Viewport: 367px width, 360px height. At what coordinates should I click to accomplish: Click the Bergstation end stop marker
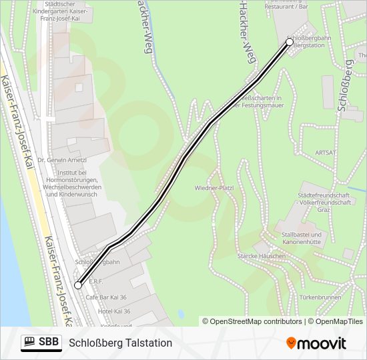[x=290, y=42]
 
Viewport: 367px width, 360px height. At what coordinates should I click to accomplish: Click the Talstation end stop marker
[x=78, y=285]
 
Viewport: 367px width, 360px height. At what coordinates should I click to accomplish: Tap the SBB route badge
[x=41, y=343]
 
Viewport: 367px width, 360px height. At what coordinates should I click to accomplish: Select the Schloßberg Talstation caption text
[x=120, y=343]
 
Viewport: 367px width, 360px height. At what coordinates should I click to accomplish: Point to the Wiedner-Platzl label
[x=214, y=189]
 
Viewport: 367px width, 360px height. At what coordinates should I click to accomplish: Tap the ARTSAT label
[x=326, y=153]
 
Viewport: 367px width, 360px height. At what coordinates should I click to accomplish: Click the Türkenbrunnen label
[x=320, y=297]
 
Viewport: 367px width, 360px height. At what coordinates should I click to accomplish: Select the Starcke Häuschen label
[x=261, y=256]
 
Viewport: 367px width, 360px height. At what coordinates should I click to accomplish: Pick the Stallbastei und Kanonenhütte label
[x=302, y=239]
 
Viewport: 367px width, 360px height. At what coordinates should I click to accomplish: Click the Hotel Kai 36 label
[x=113, y=311]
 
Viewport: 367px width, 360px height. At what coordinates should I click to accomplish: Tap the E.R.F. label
[x=96, y=281]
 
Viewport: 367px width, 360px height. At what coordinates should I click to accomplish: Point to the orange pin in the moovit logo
[x=291, y=343]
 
